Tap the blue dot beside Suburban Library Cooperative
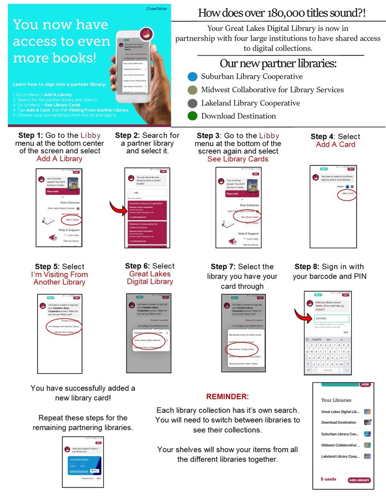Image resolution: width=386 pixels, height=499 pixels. [x=193, y=77]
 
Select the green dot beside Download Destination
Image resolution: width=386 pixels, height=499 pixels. [x=193, y=116]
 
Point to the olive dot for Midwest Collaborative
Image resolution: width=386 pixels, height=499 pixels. [x=193, y=90]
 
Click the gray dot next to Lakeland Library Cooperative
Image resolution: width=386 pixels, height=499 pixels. [x=193, y=103]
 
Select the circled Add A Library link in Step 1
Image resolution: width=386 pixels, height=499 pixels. [x=71, y=219]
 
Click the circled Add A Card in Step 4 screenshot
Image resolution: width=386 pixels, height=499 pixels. [x=347, y=193]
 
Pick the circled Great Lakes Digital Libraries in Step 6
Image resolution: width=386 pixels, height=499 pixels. [x=147, y=340]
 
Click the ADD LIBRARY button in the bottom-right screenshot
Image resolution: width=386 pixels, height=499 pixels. [x=359, y=480]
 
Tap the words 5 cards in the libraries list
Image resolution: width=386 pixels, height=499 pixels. [x=329, y=479]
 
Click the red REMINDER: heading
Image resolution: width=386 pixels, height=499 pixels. [x=227, y=397]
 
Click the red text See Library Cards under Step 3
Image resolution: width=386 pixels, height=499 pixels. [x=237, y=159]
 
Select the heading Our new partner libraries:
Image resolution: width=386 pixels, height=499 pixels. [x=278, y=64]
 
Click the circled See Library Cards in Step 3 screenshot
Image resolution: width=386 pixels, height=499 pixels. [x=248, y=217]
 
